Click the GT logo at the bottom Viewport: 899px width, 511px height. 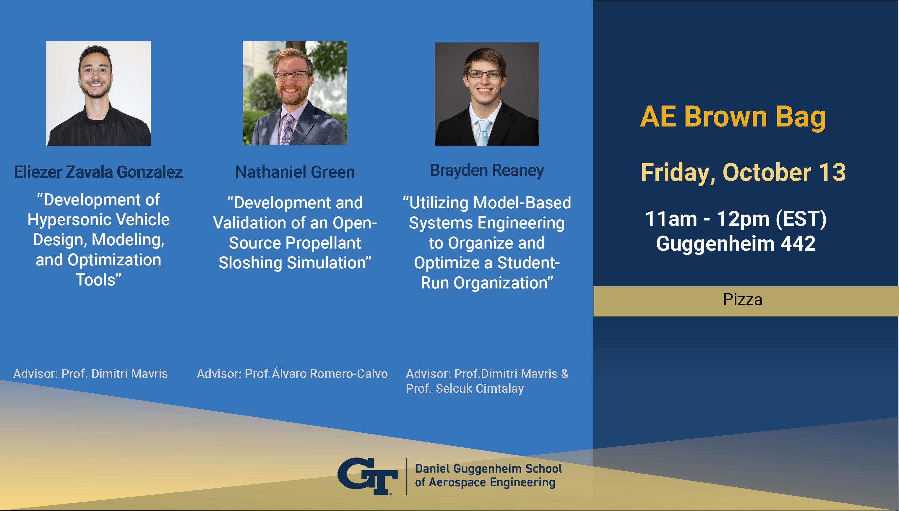coord(367,476)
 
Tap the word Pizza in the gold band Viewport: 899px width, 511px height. coord(742,300)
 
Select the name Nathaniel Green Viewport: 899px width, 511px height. coord(295,172)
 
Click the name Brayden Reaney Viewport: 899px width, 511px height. coord(487,171)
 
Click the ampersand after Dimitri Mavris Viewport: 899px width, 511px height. coord(564,374)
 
